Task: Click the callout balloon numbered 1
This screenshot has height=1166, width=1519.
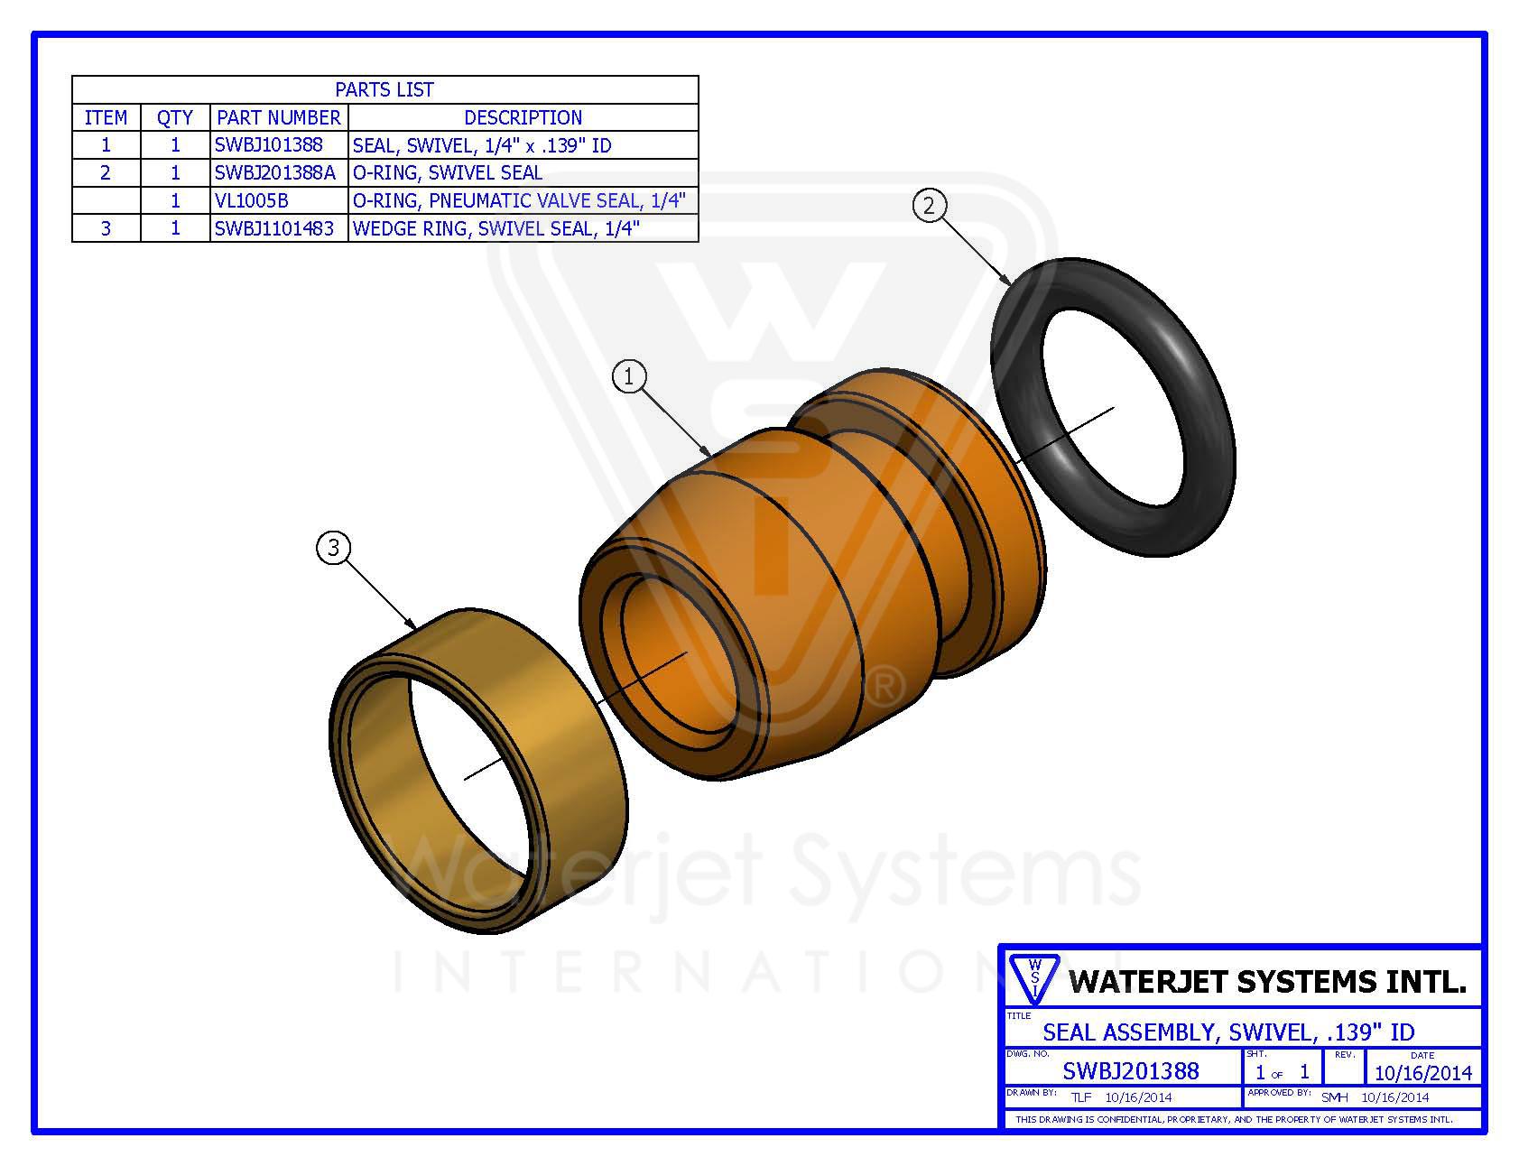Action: (x=629, y=375)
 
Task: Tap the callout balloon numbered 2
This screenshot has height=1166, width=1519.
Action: (x=930, y=206)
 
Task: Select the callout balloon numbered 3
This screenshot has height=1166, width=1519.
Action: (x=334, y=547)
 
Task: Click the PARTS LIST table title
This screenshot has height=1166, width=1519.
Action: (x=384, y=90)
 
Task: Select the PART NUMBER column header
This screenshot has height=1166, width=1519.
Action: (x=279, y=117)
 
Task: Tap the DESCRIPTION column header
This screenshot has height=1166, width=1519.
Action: (x=523, y=117)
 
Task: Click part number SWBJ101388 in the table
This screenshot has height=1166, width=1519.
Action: (x=268, y=145)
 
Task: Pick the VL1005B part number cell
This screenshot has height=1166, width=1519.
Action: (x=251, y=200)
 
